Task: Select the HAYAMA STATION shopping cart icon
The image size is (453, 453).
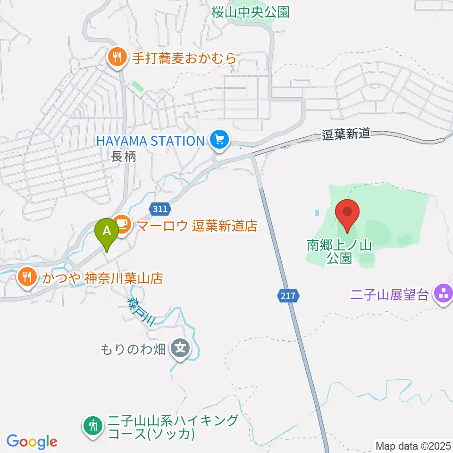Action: (219, 140)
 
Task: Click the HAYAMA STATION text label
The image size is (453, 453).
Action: (150, 141)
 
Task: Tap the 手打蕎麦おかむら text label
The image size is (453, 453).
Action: (184, 59)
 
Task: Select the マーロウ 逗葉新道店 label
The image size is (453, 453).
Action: (197, 226)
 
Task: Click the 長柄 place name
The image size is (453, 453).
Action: (124, 156)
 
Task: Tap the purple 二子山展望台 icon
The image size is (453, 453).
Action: (444, 295)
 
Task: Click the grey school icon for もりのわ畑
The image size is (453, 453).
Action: (181, 349)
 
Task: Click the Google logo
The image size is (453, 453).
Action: (32, 442)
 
